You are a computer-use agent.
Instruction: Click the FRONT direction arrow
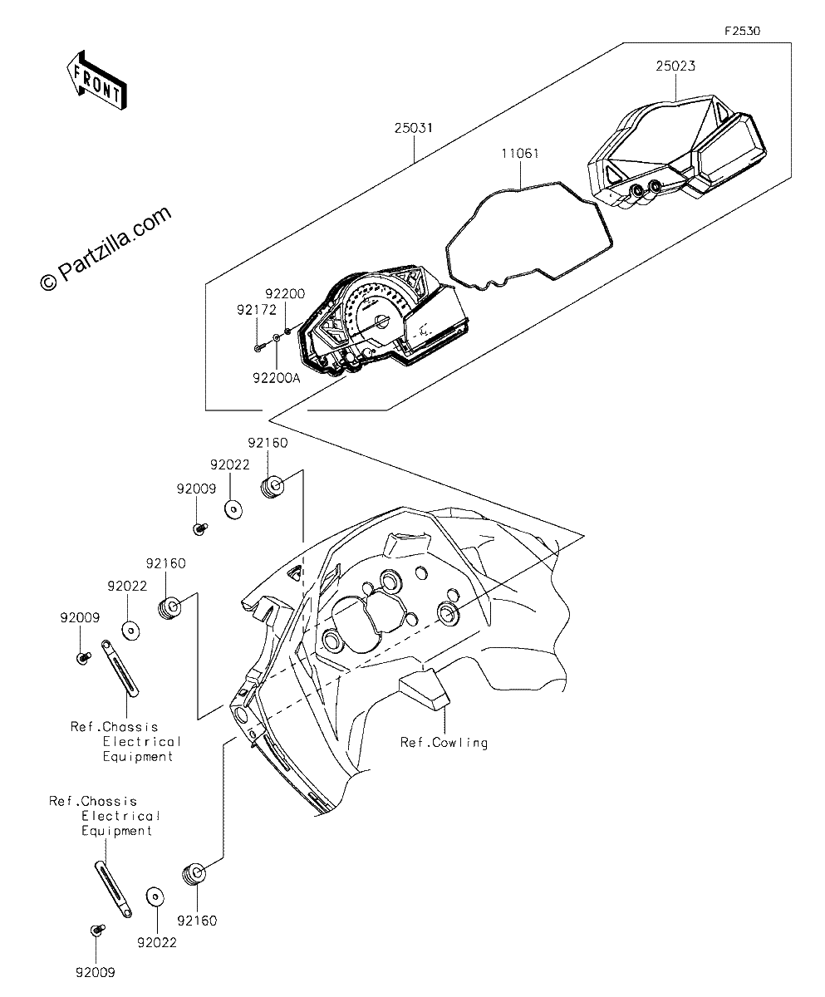[x=97, y=81]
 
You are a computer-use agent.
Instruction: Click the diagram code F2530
[x=743, y=31]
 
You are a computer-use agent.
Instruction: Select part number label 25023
[x=675, y=66]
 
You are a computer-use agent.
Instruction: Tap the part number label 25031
[x=414, y=128]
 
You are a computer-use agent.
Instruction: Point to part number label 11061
[x=520, y=153]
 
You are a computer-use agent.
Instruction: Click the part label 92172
[x=257, y=310]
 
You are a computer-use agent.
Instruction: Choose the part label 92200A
[x=277, y=378]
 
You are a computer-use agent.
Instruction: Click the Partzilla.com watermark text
[x=106, y=248]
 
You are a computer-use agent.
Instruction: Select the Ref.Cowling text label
[x=444, y=743]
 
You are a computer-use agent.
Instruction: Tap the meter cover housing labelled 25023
[x=676, y=151]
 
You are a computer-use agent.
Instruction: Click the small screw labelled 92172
[x=258, y=347]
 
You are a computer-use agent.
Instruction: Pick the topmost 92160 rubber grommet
[x=273, y=487]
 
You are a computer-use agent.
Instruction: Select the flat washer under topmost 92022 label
[x=233, y=509]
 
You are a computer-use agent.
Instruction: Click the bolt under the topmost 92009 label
[x=200, y=528]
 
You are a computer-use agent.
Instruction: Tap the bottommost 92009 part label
[x=96, y=973]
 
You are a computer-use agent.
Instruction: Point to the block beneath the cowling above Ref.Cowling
[x=425, y=690]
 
